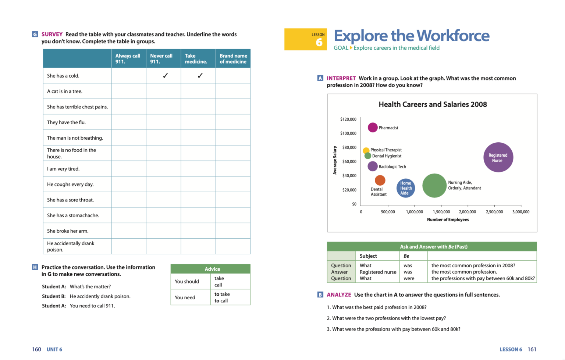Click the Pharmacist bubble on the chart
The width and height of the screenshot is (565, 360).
(373, 127)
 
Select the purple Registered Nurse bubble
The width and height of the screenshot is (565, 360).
(498, 157)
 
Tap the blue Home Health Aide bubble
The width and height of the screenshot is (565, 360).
(406, 188)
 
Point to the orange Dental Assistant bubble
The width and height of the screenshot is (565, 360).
(380, 180)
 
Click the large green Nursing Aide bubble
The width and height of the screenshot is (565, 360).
(434, 186)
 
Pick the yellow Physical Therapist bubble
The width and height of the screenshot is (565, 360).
(366, 150)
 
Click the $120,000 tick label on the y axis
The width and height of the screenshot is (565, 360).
(348, 119)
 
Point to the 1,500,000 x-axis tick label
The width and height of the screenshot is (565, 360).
(441, 212)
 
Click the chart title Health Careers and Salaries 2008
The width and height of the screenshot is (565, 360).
(433, 104)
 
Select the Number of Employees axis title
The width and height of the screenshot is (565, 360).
(448, 220)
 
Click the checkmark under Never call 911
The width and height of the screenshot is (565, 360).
(165, 76)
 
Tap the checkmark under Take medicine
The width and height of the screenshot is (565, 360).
(200, 76)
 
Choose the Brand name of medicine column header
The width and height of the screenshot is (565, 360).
(233, 59)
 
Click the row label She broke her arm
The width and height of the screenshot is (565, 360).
(68, 231)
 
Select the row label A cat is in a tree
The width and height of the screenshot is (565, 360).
(65, 91)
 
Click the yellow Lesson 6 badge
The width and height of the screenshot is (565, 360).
(305, 39)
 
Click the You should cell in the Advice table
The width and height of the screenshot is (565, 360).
(187, 281)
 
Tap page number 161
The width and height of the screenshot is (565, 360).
(532, 349)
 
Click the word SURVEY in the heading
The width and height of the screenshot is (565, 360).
(52, 34)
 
